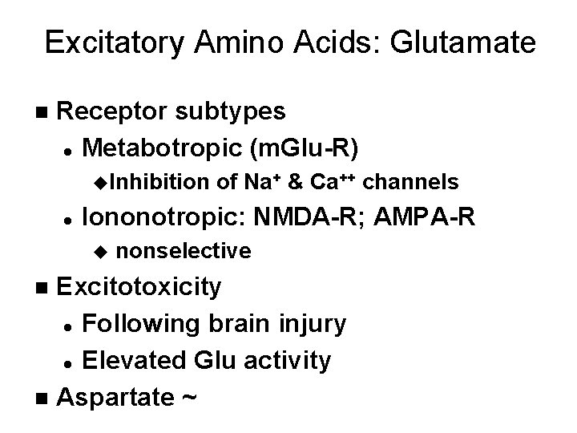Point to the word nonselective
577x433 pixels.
tap(184, 251)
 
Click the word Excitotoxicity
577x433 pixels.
tap(140, 287)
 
